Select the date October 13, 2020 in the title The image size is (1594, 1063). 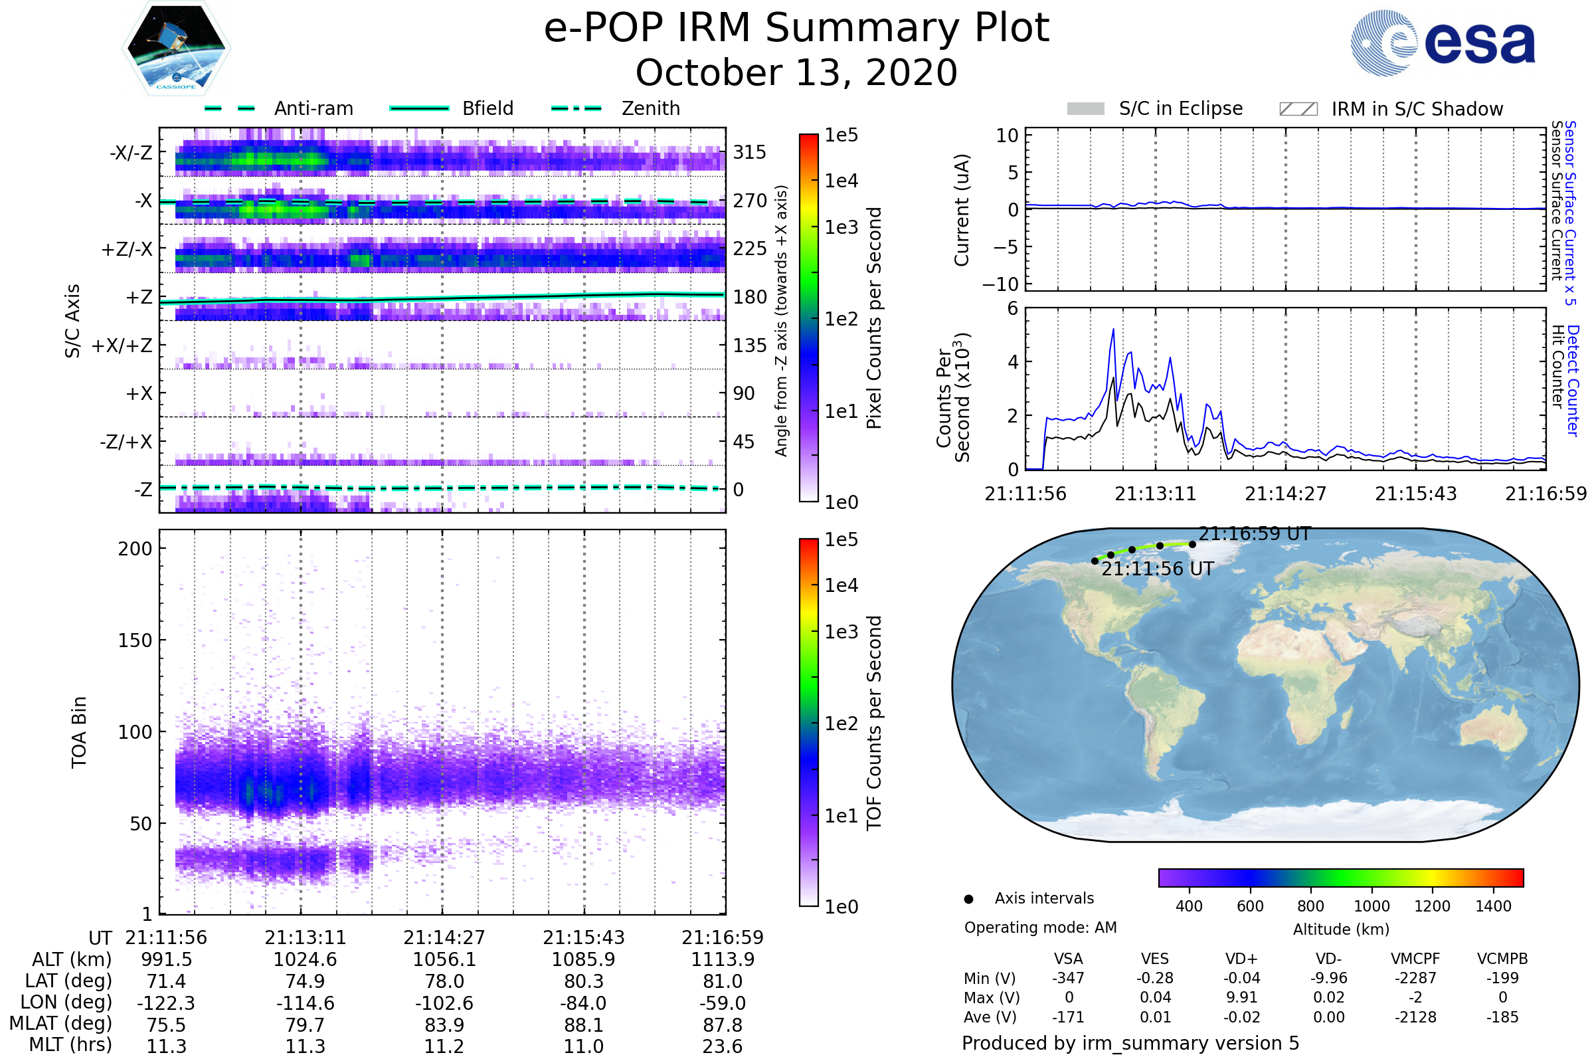click(796, 73)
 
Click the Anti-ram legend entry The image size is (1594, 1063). click(313, 108)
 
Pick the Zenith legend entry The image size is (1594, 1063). click(651, 108)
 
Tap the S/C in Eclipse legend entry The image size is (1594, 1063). click(1181, 108)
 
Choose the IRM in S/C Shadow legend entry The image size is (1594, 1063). click(1417, 108)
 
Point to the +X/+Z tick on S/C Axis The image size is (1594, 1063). click(122, 345)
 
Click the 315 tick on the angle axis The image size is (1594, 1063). click(750, 152)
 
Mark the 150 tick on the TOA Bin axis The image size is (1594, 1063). click(135, 640)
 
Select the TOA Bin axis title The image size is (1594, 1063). click(78, 732)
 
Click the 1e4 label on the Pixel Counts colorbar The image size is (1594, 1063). click(841, 181)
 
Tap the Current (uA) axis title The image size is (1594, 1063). click(962, 210)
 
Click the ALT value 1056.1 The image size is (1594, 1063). click(444, 960)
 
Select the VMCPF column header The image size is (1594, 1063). click(1415, 959)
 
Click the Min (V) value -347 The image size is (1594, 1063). click(1068, 978)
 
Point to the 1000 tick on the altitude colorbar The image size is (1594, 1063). click(1371, 906)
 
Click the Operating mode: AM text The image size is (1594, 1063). click(1040, 927)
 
